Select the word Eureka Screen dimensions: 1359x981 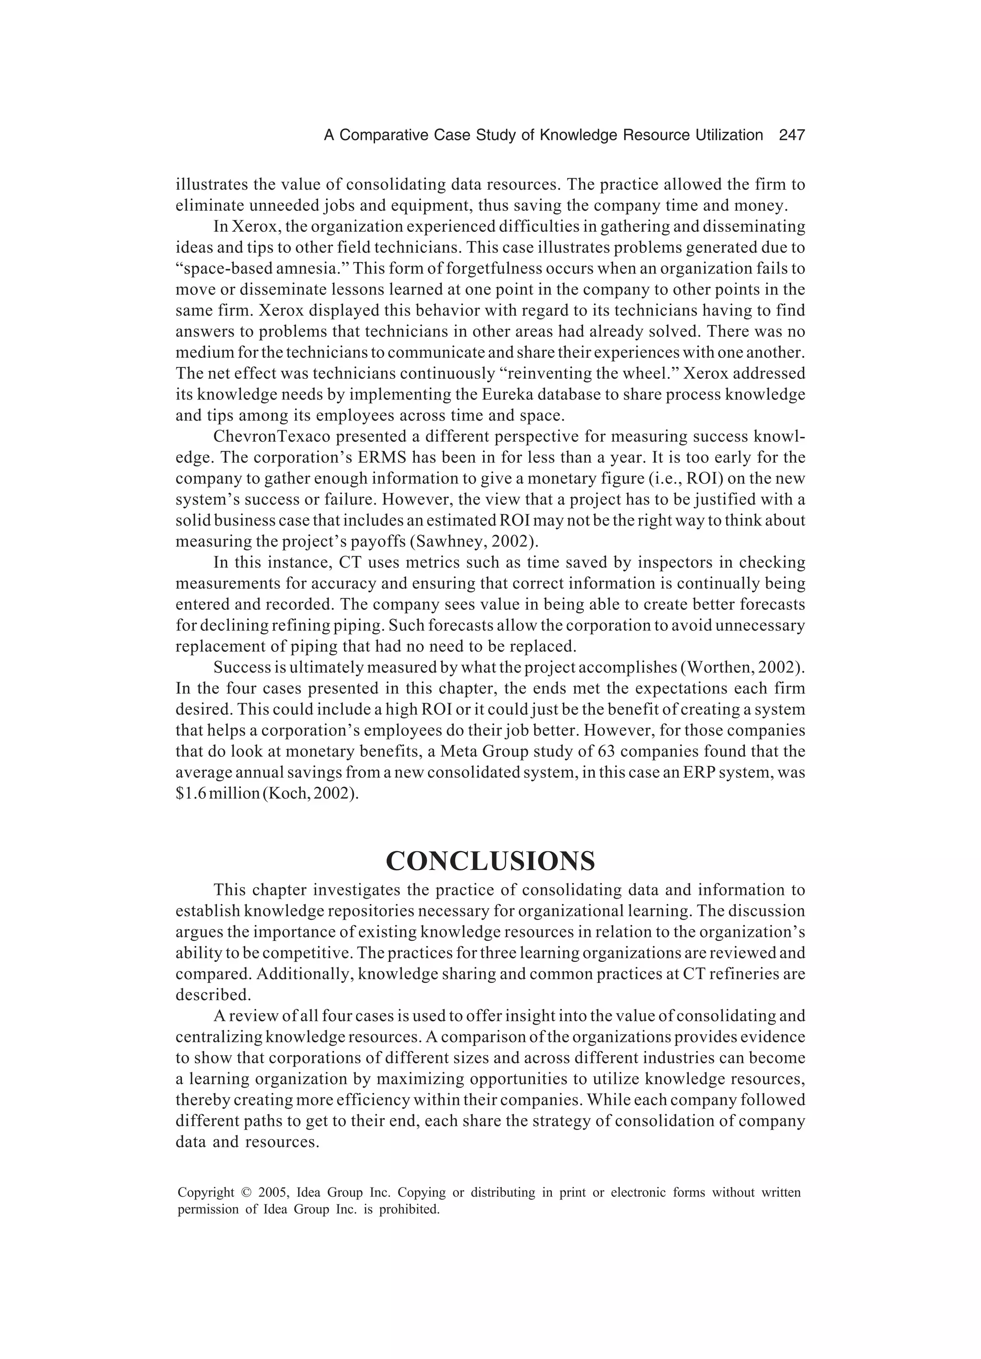coord(522,395)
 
